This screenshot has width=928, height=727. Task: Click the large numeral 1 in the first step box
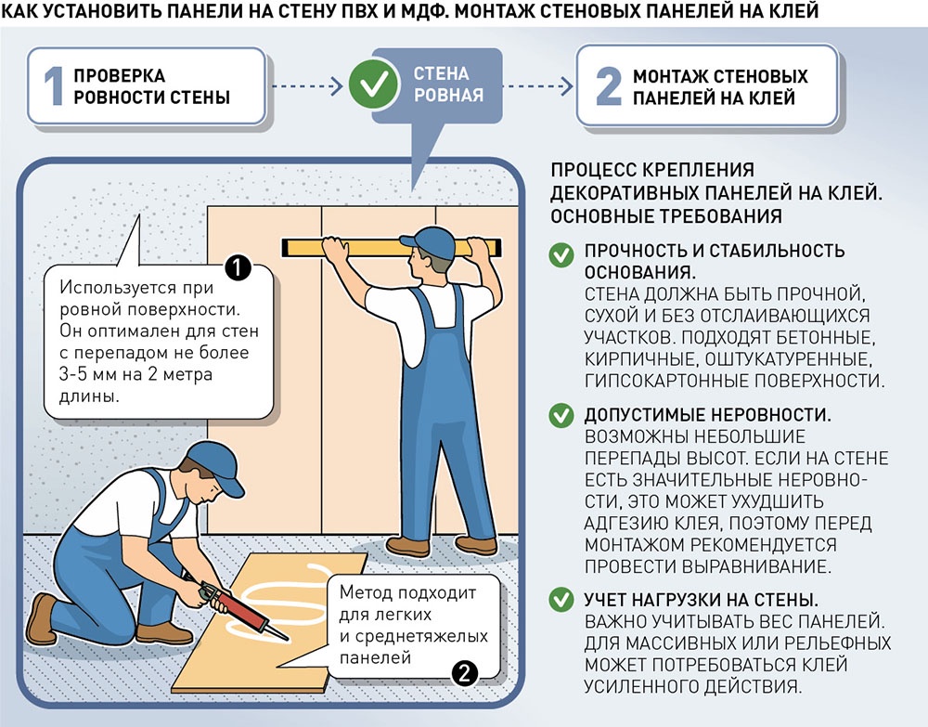click(x=54, y=86)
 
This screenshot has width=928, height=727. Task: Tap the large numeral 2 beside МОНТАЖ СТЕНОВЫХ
click(x=609, y=86)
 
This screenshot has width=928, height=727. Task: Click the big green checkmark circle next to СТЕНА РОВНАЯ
click(x=373, y=84)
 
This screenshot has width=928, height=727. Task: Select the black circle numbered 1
click(x=238, y=268)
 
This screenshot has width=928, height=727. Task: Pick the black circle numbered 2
click(x=465, y=673)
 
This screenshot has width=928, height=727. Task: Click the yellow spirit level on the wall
click(x=392, y=248)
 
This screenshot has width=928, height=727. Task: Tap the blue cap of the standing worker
click(x=428, y=241)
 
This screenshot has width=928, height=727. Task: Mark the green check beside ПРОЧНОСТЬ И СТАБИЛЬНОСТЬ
click(x=561, y=255)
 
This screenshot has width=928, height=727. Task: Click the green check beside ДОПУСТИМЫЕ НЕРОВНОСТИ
click(x=561, y=415)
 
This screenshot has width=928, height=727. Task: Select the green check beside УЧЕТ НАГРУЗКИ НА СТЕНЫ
click(x=561, y=600)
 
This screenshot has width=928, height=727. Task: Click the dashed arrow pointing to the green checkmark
click(x=307, y=86)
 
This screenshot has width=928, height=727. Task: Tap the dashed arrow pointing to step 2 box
click(x=538, y=86)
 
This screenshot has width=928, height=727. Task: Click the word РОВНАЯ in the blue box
click(x=448, y=95)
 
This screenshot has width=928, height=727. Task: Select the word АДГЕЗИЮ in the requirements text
click(x=625, y=524)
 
